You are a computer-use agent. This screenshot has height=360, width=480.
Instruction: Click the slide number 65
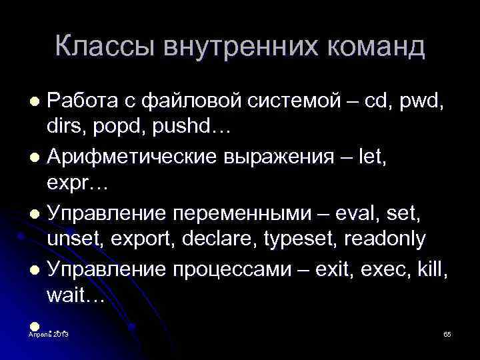click(447, 333)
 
